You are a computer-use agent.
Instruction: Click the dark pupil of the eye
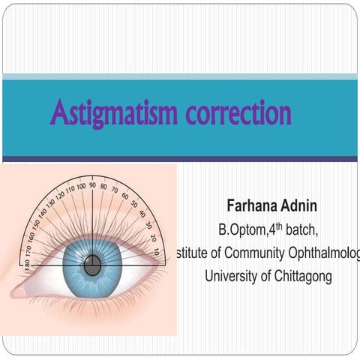tap(92, 265)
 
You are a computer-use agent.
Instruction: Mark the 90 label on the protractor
tap(92, 184)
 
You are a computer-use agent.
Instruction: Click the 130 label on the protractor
tap(51, 203)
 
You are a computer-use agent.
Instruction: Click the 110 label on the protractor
tap(70, 189)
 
